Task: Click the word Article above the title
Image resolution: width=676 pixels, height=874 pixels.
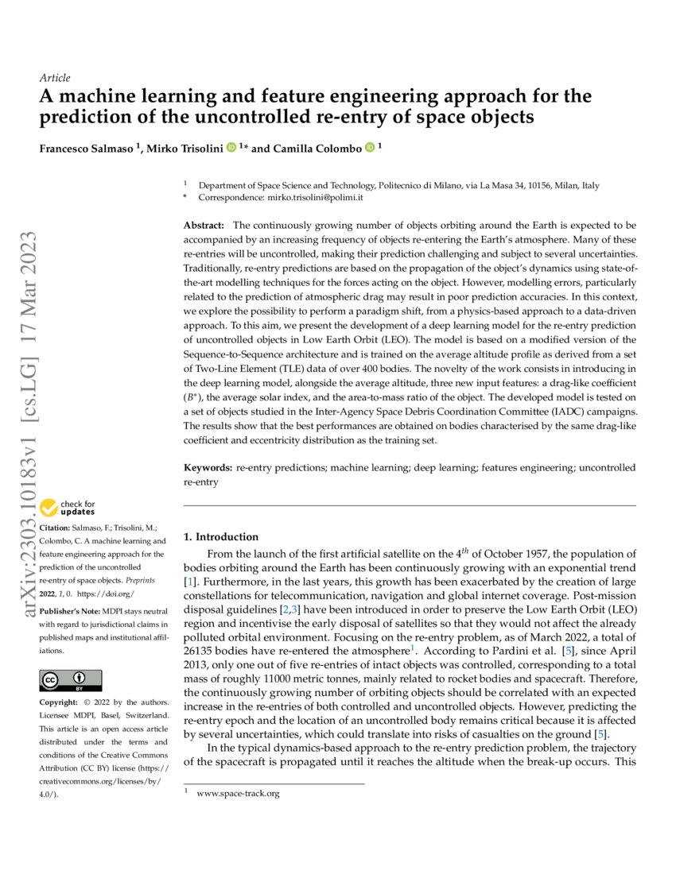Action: pos(54,78)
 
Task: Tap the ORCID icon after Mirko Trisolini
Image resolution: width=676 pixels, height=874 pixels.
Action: pos(231,147)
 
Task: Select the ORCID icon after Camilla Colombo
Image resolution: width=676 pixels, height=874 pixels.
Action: pos(369,147)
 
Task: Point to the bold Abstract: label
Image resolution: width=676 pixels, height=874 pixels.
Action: pos(204,226)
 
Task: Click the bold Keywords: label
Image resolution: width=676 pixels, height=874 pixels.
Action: pos(208,468)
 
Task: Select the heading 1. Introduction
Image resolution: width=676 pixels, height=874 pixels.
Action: pos(220,536)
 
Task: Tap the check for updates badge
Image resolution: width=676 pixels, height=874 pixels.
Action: pos(68,508)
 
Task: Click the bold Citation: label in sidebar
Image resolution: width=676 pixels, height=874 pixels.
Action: pos(56,528)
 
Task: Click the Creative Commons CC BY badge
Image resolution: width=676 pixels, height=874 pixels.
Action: pos(71,680)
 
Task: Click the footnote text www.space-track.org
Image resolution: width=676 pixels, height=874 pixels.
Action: pos(238,793)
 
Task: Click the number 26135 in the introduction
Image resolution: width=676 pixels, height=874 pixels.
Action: pos(201,653)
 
